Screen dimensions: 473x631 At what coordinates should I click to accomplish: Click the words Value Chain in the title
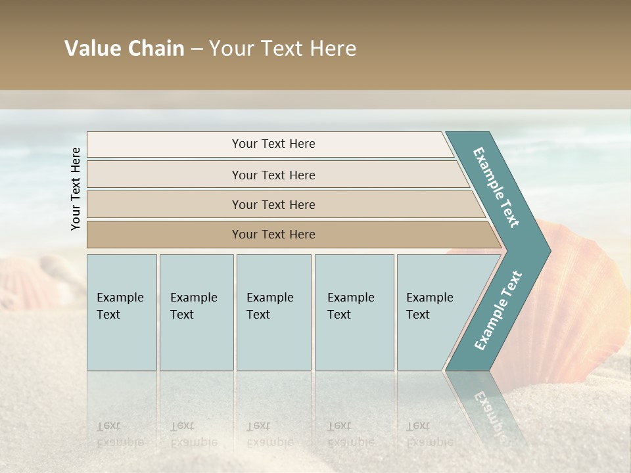[124, 49]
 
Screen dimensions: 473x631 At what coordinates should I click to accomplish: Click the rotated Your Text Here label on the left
[76, 189]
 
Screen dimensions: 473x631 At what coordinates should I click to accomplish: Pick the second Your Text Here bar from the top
[273, 175]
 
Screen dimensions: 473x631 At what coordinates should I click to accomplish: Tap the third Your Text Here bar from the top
[273, 204]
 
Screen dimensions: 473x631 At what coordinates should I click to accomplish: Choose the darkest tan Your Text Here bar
[273, 235]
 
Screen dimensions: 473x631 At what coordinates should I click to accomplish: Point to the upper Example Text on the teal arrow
[496, 187]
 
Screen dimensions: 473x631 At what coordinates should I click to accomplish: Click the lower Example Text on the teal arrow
[498, 310]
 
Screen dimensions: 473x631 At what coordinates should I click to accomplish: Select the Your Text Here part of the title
[283, 49]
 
